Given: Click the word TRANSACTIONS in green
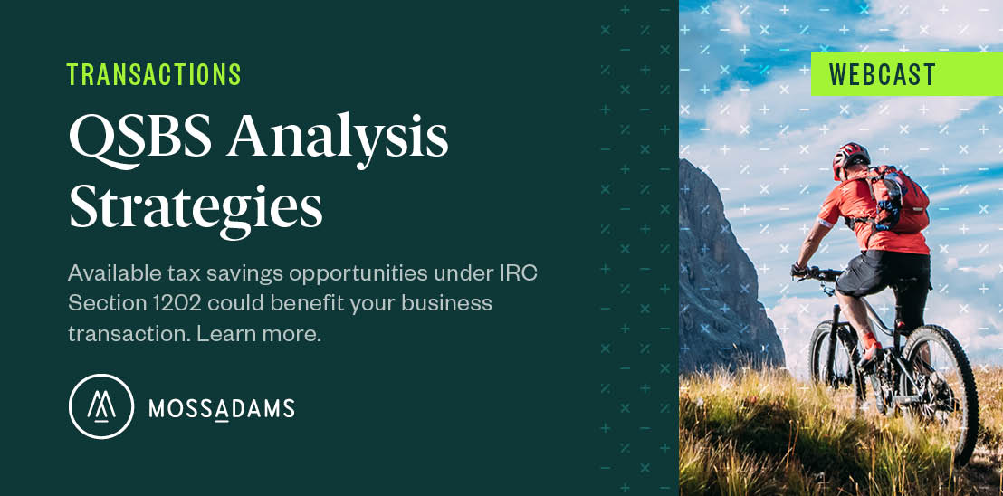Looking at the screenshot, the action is (154, 75).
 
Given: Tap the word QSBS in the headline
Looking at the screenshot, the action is (140, 139).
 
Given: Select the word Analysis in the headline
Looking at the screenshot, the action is (338, 140).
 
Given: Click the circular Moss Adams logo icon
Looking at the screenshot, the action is (101, 407).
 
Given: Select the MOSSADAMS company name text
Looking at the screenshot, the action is (222, 408).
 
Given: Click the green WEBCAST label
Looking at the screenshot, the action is (907, 74).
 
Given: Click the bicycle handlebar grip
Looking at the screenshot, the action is (798, 271).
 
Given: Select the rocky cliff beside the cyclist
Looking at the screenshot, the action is (722, 269).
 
